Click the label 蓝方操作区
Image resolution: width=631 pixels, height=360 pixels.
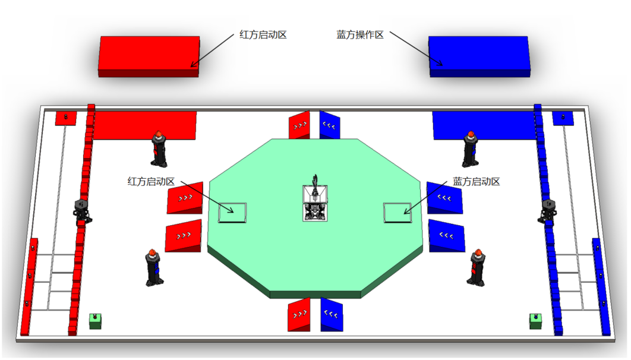(360, 35)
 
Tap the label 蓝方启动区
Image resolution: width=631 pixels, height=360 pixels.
(477, 181)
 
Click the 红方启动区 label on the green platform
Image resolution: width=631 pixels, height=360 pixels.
(151, 181)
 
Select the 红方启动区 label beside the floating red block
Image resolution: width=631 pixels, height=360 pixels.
(263, 35)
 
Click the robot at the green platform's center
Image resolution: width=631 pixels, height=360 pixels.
(315, 202)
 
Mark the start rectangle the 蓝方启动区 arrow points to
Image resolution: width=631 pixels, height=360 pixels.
(397, 212)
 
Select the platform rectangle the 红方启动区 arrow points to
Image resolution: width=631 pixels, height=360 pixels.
(232, 212)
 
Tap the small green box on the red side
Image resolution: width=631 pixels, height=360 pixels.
(95, 321)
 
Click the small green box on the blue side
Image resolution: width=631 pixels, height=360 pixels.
(536, 321)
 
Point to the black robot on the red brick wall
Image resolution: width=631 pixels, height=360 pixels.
(82, 210)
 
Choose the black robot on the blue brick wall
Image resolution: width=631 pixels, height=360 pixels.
(548, 210)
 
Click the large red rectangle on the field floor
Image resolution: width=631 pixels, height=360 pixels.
(145, 125)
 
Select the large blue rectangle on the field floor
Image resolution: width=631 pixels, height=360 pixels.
(484, 125)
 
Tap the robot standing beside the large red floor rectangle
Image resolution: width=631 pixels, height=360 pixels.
(159, 149)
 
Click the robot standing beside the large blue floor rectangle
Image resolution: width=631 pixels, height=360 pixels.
(470, 149)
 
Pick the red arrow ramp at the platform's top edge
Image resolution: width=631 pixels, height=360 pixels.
(299, 125)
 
